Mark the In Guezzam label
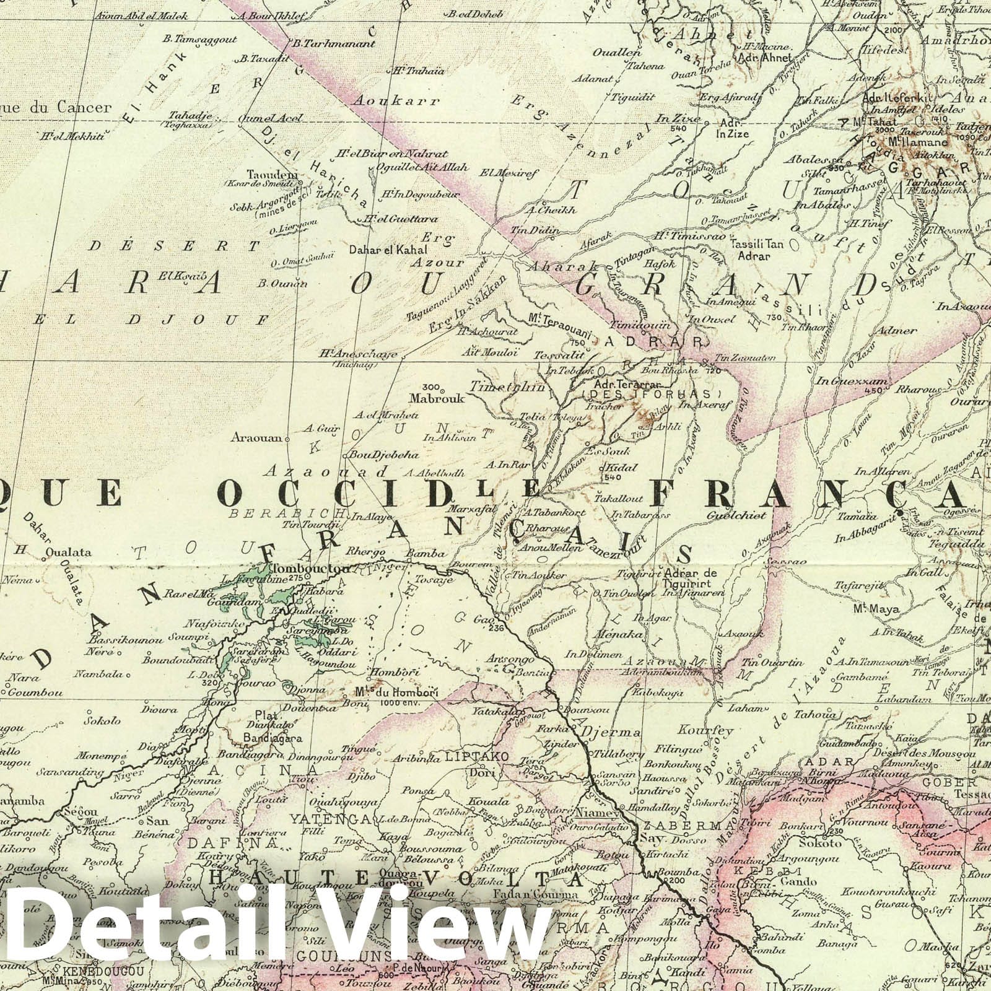click(x=852, y=382)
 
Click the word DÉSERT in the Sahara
click(x=173, y=246)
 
